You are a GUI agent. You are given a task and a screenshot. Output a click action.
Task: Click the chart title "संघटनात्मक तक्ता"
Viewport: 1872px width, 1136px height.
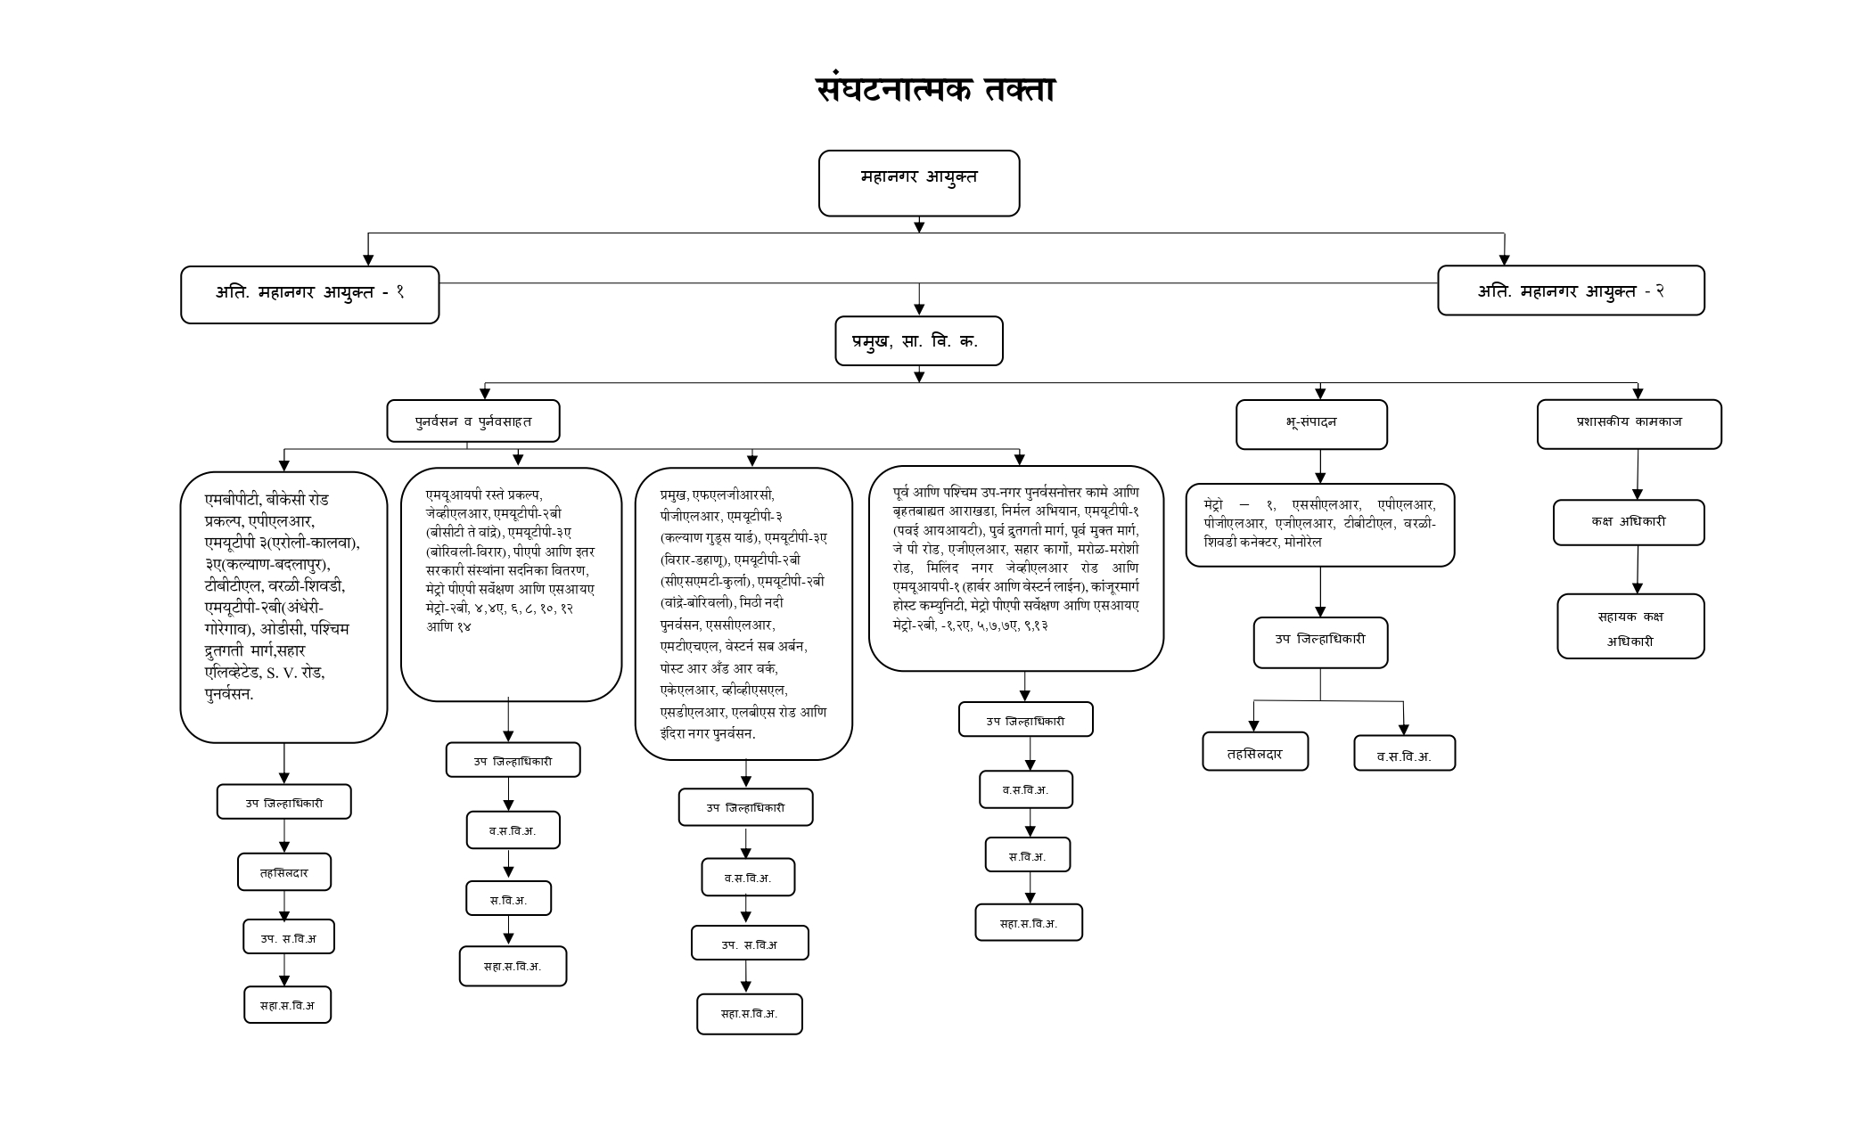935,90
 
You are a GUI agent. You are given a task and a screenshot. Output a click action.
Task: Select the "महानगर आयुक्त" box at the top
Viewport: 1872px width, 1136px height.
918,183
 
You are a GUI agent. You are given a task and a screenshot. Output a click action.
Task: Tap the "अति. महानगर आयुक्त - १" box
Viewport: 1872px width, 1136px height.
309,294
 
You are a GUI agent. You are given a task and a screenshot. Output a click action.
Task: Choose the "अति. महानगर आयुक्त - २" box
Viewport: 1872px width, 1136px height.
1570,290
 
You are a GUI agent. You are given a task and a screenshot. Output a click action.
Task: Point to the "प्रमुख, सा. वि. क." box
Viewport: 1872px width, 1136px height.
918,340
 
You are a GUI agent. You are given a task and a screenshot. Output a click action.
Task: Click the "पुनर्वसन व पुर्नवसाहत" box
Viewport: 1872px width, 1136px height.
472,421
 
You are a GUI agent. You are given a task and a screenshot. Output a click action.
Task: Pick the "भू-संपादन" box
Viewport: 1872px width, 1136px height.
1310,424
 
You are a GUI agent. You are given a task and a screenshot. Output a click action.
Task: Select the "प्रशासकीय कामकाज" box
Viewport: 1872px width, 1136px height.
1629,424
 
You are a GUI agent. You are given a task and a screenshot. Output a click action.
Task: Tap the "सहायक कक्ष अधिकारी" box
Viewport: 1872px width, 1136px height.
1630,626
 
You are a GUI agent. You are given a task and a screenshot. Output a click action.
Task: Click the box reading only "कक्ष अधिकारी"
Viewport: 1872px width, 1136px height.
1629,522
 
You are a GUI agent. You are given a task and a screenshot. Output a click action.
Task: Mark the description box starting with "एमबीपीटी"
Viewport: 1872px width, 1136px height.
283,607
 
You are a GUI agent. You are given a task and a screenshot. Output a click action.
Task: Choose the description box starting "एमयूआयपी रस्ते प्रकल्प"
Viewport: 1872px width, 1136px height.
511,584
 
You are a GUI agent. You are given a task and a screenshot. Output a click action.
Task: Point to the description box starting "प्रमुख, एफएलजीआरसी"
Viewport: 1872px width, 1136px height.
743,614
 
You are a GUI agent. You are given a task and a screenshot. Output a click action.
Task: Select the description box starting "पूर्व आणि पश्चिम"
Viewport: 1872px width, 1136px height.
1015,568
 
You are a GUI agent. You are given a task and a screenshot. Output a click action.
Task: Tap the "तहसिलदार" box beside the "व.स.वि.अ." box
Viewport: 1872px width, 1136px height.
1254,751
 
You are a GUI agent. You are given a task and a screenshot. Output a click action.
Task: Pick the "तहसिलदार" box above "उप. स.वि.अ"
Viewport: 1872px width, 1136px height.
283,871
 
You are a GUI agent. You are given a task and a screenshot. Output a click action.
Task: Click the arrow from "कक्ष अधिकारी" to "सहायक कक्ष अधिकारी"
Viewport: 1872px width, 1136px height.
1637,570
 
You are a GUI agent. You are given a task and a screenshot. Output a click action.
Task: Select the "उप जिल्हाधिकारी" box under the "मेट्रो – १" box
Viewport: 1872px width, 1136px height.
1320,642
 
